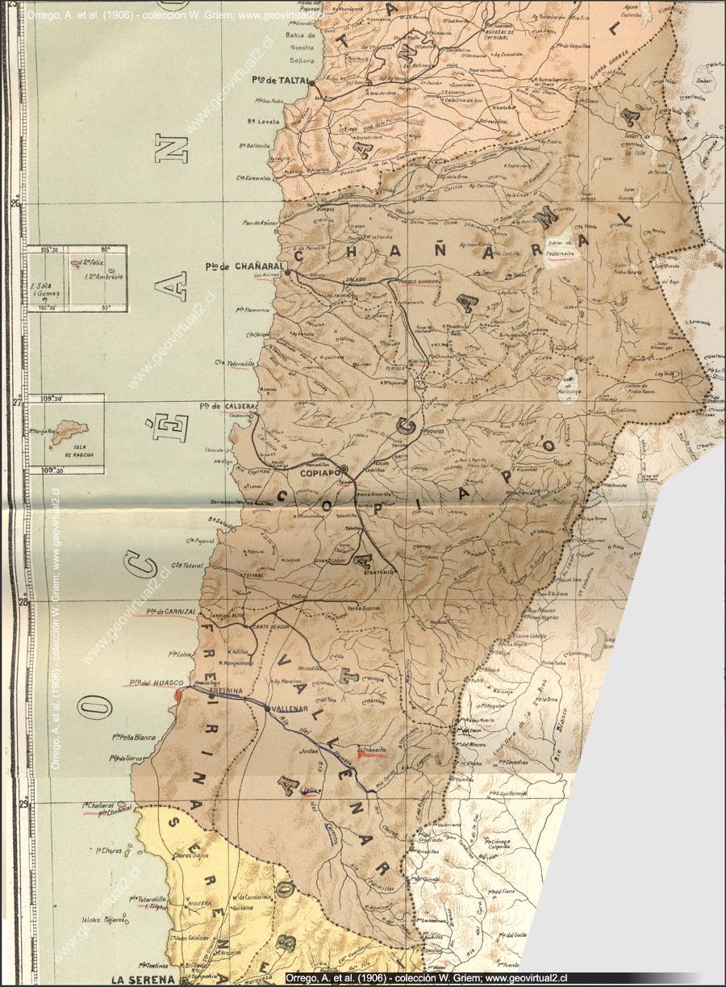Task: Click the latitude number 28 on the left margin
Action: point(15,601)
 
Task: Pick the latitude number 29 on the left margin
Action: point(15,803)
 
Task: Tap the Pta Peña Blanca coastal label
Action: point(134,736)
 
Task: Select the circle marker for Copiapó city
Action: point(344,468)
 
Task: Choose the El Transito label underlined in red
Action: point(373,751)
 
